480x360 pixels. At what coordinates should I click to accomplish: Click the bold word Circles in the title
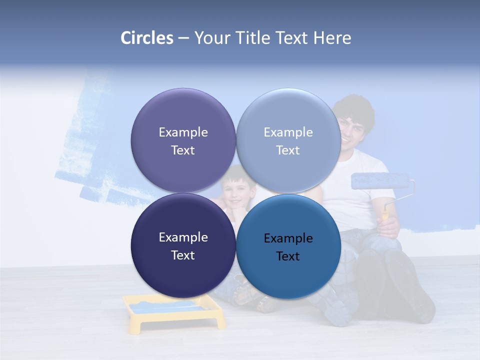(147, 38)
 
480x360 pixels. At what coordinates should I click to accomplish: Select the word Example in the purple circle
(183, 132)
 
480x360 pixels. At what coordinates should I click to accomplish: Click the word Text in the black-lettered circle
(287, 256)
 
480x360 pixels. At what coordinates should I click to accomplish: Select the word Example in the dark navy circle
(183, 237)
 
